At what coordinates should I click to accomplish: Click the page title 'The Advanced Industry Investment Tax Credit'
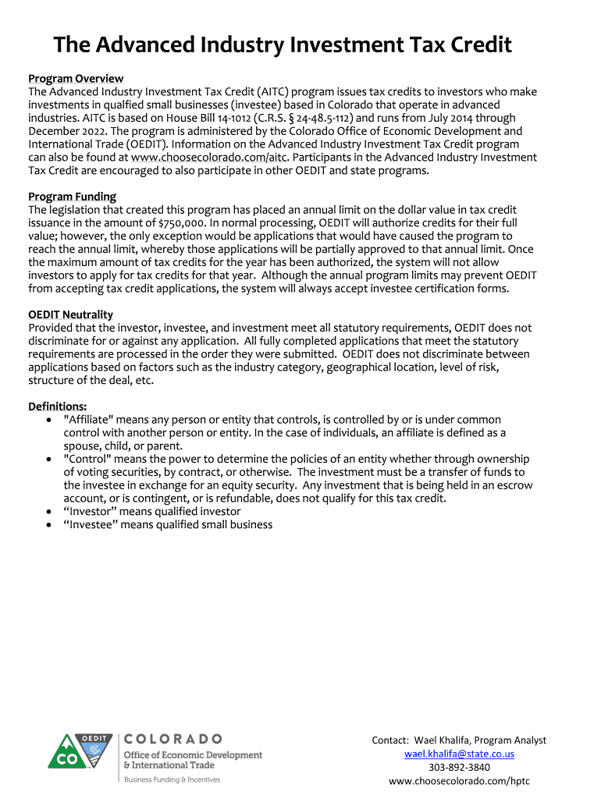pyautogui.click(x=283, y=45)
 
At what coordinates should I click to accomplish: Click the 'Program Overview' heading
pyautogui.click(x=76, y=79)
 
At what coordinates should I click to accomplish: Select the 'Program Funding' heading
pyautogui.click(x=72, y=197)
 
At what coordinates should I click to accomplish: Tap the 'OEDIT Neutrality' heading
pyautogui.click(x=71, y=315)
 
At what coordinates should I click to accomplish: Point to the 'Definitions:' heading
pyautogui.click(x=58, y=407)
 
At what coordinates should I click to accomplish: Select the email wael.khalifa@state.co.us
pyautogui.click(x=459, y=755)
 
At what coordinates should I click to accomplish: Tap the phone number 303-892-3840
pyautogui.click(x=459, y=768)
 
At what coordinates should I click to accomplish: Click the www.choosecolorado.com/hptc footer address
pyautogui.click(x=459, y=781)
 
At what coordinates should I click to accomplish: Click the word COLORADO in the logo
pyautogui.click(x=173, y=739)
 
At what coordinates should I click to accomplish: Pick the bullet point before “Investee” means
pyautogui.click(x=48, y=525)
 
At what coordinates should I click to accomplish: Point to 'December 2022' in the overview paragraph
pyautogui.click(x=63, y=131)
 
